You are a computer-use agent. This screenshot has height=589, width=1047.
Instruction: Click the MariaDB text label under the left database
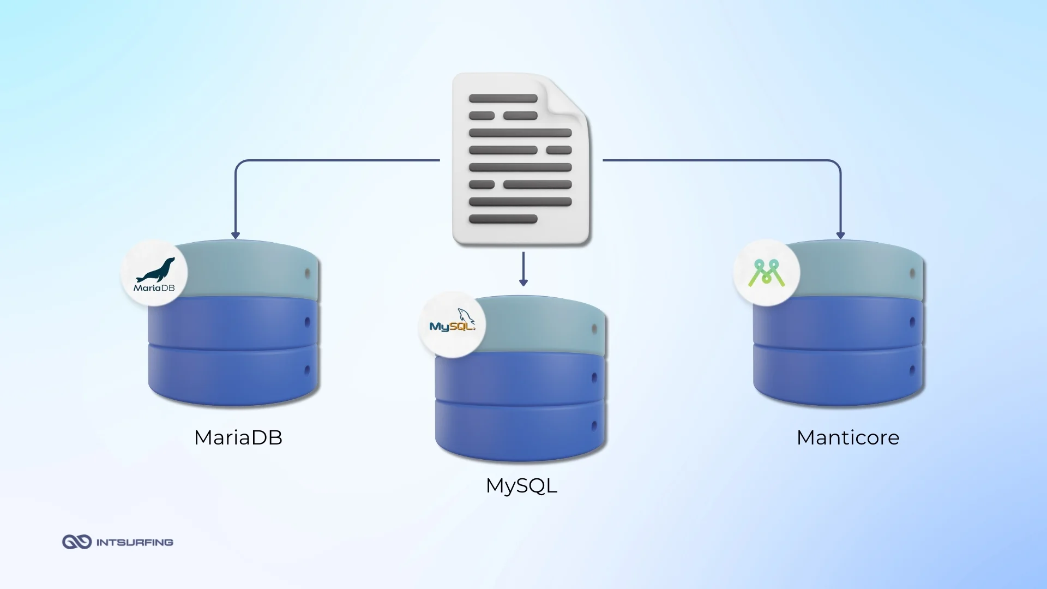coord(238,437)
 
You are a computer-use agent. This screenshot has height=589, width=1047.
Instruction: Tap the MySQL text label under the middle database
coord(521,485)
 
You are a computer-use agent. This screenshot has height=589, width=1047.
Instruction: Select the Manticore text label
coord(847,437)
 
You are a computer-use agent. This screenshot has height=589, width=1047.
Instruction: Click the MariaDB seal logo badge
coord(154,273)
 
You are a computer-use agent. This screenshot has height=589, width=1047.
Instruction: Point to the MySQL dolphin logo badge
coord(452,324)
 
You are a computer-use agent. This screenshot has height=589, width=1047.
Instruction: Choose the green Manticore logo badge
coord(766,273)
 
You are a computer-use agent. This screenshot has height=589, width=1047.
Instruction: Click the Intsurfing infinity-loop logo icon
coord(76,542)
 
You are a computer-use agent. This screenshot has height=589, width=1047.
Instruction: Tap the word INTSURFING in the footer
coord(135,542)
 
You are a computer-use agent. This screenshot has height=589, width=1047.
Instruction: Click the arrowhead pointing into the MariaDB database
coord(236,235)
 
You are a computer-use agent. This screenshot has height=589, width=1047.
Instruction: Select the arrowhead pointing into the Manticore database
coord(840,235)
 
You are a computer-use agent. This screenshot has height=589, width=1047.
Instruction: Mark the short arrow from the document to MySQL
coord(523,269)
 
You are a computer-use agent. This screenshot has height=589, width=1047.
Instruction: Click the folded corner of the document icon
coord(567,98)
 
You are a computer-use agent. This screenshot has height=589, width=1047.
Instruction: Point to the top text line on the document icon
coord(503,99)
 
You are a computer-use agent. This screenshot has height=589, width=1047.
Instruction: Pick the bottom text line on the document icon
coord(503,219)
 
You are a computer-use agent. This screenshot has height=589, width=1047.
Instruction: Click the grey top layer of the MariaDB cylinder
coord(251,270)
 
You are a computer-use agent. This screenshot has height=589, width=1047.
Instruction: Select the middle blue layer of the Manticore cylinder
coord(834,322)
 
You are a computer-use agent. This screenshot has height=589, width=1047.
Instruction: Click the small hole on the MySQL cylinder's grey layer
coord(594,328)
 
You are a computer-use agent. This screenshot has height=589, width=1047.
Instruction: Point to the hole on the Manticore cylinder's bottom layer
coord(912,371)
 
